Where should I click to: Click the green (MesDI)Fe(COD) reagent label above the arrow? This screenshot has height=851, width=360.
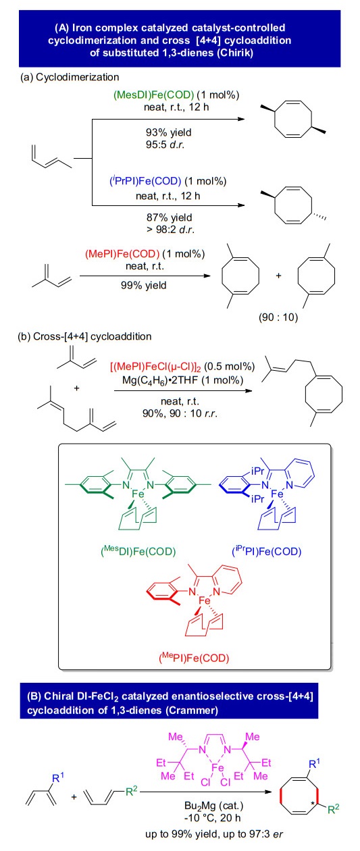coord(154,95)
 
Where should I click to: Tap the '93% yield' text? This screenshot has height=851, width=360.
coord(169,132)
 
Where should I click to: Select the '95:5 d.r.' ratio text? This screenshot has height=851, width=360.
coord(165,145)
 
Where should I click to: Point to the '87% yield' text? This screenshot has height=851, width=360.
coord(170,217)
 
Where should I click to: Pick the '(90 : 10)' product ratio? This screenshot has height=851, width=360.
coord(278,317)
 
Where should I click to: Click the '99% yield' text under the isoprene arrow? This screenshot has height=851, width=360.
coord(144,285)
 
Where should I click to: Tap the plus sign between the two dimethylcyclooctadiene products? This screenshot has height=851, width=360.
coord(278,276)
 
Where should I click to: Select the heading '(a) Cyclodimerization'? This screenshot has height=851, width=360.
coord(70,77)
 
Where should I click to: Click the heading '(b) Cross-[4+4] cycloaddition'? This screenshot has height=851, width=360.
coord(84,336)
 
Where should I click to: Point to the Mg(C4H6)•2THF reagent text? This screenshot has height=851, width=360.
coord(182,380)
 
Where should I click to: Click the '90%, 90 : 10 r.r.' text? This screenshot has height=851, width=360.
coord(180,413)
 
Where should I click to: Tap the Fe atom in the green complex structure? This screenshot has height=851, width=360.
coord(138,494)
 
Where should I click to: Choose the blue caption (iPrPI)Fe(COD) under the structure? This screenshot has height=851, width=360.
coord(267,551)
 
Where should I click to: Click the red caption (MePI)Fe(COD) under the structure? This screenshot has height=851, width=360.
coord(194,657)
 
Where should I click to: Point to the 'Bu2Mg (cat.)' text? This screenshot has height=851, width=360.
coord(214,805)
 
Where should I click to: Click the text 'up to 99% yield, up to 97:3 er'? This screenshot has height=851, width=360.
coord(214,834)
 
